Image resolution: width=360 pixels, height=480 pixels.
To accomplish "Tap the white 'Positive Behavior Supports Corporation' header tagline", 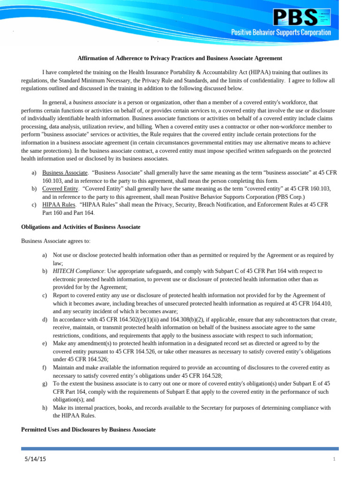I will click(x=281, y=32).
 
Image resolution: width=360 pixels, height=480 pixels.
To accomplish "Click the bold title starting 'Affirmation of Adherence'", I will click(x=180, y=58).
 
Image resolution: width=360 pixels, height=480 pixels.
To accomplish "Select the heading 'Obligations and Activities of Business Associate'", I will click(x=81, y=227).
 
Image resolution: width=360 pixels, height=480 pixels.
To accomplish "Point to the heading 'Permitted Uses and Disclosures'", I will click(x=88, y=429).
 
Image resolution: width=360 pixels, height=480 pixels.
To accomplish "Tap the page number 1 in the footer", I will click(x=334, y=459).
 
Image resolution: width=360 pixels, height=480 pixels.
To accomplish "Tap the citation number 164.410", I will click(x=318, y=304).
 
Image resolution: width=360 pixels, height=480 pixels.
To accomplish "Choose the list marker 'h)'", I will click(x=45, y=408).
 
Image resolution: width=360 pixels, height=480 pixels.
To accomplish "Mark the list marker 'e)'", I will click(x=45, y=344).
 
